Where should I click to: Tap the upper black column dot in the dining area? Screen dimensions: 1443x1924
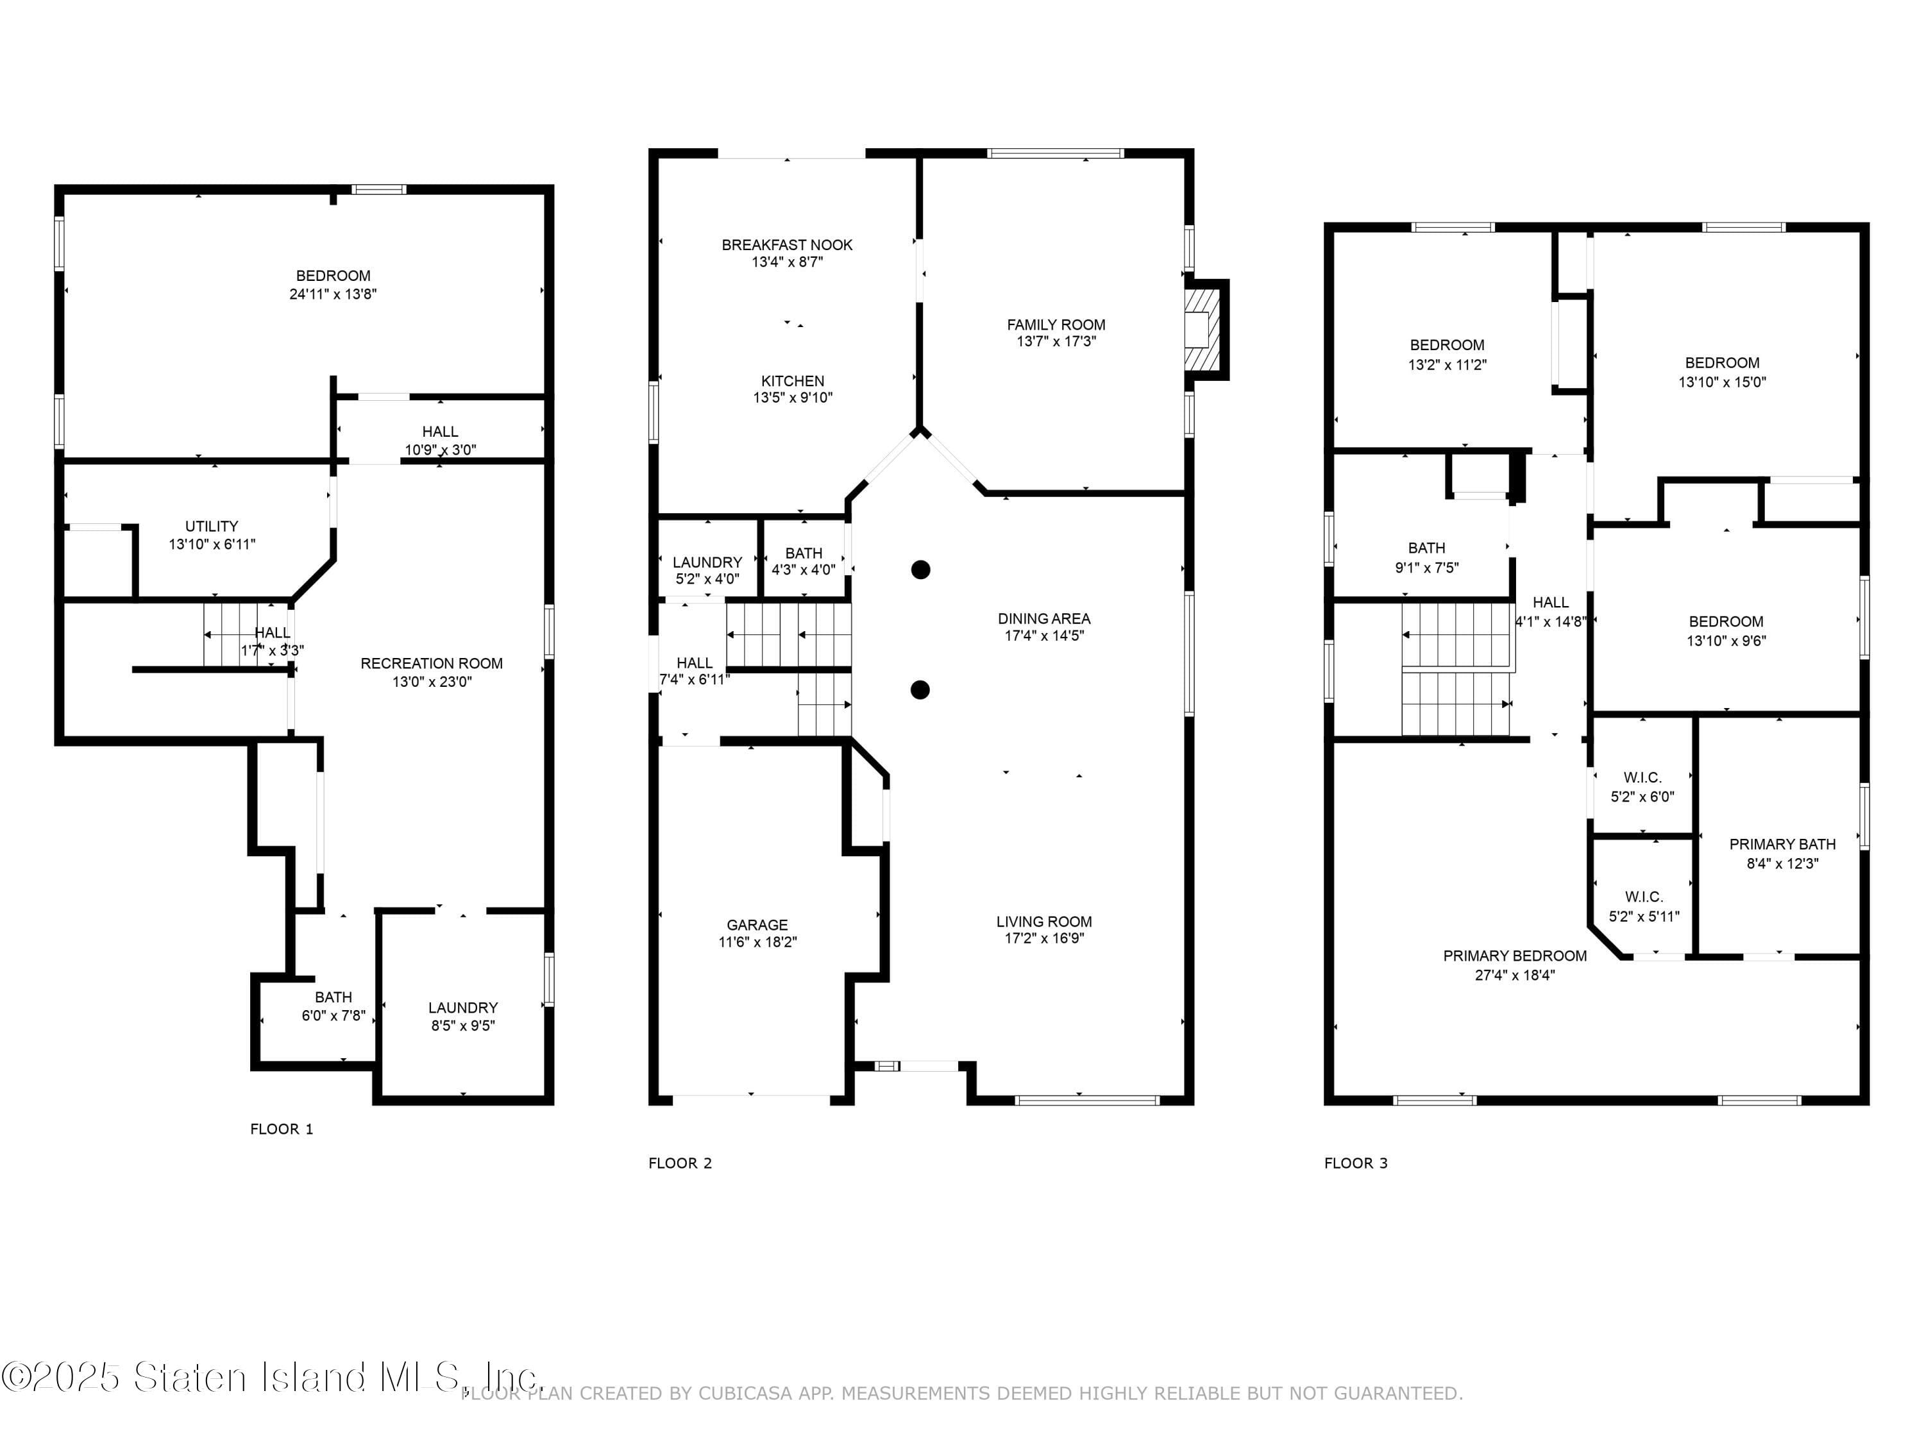(921, 570)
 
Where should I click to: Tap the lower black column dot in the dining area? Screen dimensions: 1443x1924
(920, 689)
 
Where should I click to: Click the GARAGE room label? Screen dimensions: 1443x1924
(757, 925)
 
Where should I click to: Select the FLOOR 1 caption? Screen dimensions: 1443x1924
(281, 1129)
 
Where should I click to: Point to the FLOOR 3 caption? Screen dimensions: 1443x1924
(1355, 1163)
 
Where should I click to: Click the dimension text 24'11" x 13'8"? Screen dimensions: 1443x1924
(332, 294)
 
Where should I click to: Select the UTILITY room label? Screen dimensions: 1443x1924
(212, 527)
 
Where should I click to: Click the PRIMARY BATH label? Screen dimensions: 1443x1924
(1782, 845)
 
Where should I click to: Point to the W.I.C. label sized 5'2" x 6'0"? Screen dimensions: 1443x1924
(1642, 777)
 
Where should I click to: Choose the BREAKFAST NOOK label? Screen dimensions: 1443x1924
(786, 245)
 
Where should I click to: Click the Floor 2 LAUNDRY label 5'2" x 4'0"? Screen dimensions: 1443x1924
(707, 562)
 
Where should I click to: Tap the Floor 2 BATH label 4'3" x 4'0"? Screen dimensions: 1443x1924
(803, 553)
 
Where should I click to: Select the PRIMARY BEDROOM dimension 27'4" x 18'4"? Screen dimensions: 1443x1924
(1514, 975)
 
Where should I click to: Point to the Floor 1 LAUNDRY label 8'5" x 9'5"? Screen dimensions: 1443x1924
(463, 1008)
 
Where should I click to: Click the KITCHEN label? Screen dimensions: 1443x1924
(793, 381)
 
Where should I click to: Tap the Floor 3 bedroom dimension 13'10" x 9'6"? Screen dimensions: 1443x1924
(1726, 641)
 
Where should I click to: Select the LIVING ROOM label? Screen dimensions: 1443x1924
(1043, 921)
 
